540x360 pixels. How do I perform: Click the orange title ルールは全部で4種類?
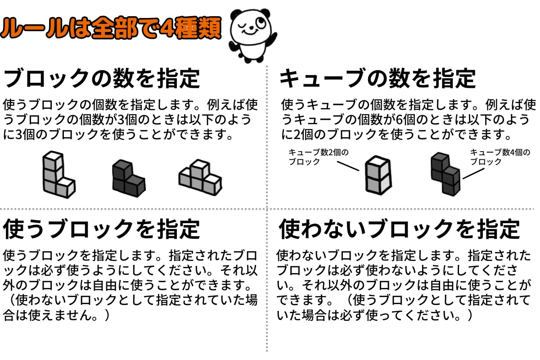click(111, 28)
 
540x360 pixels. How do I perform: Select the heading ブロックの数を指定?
click(102, 78)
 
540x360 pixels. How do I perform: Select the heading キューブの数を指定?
click(378, 78)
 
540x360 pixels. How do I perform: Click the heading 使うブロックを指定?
click(101, 229)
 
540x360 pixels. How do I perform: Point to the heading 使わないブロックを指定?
click(400, 229)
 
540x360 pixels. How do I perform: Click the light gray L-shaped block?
click(58, 174)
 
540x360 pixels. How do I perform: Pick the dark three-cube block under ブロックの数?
click(129, 178)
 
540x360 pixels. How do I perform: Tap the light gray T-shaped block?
click(200, 177)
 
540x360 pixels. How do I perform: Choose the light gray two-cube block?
click(378, 175)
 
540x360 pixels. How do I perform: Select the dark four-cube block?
click(445, 174)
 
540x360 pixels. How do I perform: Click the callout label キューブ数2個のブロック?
click(318, 157)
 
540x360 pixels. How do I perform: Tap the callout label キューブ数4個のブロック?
click(500, 157)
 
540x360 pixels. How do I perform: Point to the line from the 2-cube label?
click(348, 166)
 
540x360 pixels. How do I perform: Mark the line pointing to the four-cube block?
click(473, 174)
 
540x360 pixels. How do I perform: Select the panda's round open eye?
click(260, 22)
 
